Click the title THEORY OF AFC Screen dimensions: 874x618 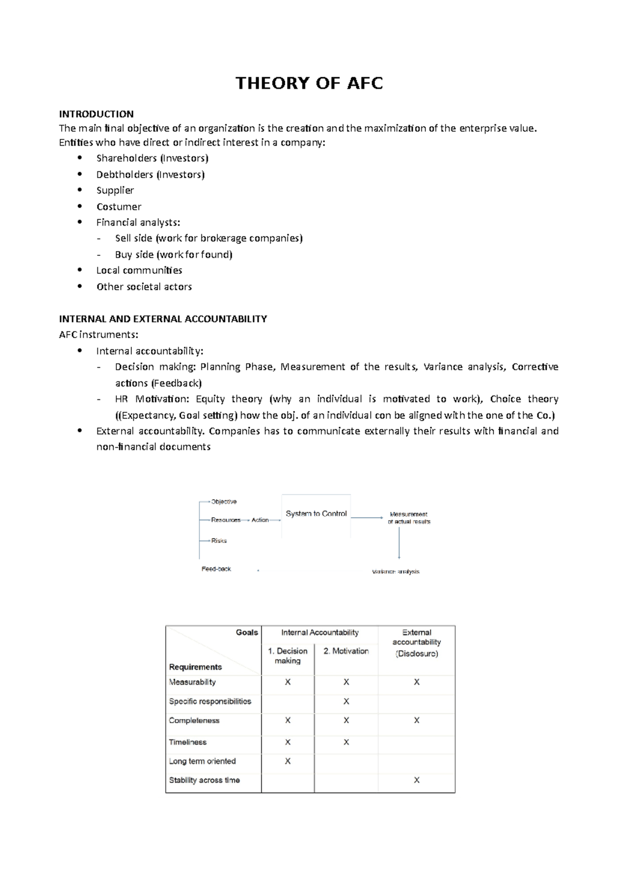click(x=309, y=83)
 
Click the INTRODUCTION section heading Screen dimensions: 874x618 click(x=96, y=114)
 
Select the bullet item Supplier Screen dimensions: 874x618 click(x=115, y=190)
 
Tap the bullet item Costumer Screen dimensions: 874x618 click(x=118, y=207)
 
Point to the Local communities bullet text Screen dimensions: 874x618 click(x=139, y=271)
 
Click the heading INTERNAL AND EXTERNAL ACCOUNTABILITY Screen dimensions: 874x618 click(x=163, y=319)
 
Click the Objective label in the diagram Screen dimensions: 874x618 click(x=224, y=502)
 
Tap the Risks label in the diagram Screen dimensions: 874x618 click(x=219, y=541)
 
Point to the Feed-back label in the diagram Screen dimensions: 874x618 click(x=216, y=569)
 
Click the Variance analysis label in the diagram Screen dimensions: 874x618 click(x=396, y=572)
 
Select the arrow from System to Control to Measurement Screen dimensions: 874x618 click(x=367, y=517)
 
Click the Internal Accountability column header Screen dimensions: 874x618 click(x=320, y=633)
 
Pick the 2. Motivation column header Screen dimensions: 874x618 click(x=346, y=651)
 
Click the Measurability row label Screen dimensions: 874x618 click(x=193, y=682)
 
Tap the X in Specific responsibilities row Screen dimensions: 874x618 click(x=346, y=702)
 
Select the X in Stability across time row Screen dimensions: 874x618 click(x=417, y=780)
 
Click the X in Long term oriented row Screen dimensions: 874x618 click(x=288, y=761)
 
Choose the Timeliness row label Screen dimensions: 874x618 click(x=188, y=742)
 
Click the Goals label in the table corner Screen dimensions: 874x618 click(x=247, y=633)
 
